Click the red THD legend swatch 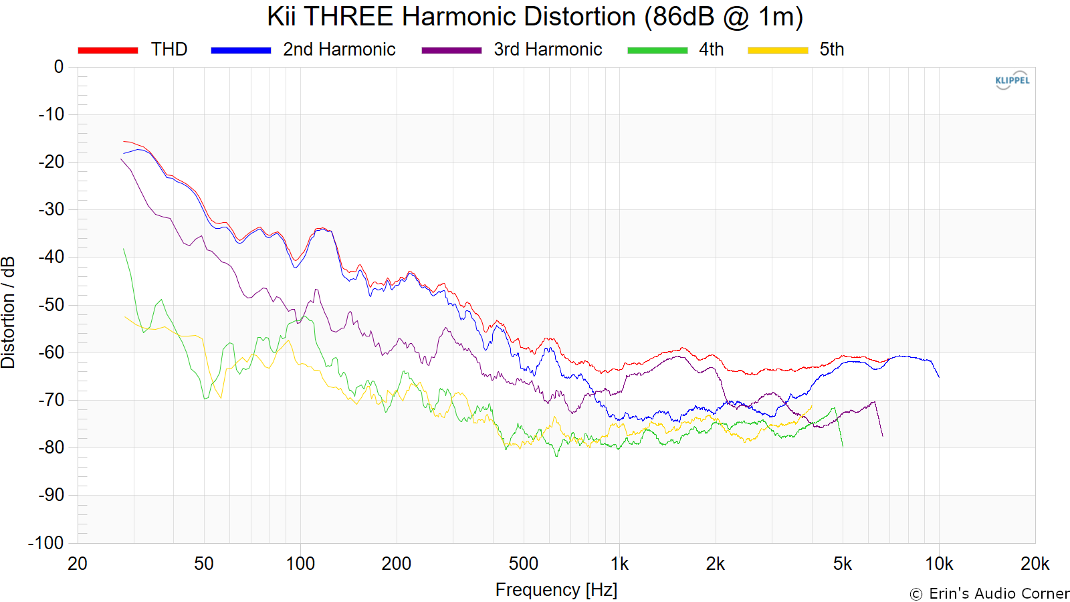108,50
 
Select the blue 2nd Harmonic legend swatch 241,50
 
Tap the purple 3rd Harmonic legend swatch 451,50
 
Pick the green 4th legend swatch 657,50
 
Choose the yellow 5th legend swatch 778,50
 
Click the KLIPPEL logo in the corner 1012,80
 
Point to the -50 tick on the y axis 51,305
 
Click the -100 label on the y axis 46,543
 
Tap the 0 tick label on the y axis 59,67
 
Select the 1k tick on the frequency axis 619,564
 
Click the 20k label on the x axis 1035,564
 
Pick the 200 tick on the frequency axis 396,564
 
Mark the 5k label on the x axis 843,564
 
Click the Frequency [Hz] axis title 556,590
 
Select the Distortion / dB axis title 9,312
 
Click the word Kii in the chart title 281,17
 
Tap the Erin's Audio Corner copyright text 989,594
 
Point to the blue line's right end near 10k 939,377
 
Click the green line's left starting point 124,249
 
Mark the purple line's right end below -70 882,436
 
